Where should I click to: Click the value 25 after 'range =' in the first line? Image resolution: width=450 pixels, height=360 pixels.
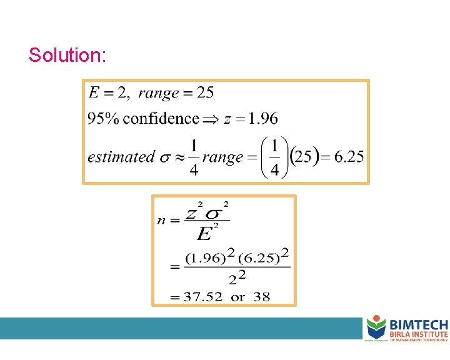click(x=205, y=93)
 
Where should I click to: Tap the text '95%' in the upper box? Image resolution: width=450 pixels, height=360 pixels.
click(x=103, y=118)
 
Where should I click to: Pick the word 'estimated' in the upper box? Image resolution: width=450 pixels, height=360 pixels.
click(x=121, y=157)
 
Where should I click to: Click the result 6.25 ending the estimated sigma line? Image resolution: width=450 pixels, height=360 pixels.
click(x=349, y=157)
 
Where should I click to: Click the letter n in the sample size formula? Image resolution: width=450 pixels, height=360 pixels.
click(x=162, y=220)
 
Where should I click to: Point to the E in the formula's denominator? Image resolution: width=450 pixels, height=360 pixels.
click(x=203, y=234)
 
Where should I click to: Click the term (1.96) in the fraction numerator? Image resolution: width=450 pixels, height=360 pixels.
click(x=201, y=257)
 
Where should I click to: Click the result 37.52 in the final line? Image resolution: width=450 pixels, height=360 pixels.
click(x=203, y=296)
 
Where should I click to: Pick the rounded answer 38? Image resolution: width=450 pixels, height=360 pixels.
click(x=262, y=296)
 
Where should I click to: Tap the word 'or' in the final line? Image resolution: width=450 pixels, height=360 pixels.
click(x=237, y=297)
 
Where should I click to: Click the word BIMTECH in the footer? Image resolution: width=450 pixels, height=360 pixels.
click(x=418, y=324)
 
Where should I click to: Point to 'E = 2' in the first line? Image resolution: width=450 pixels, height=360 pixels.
click(x=108, y=93)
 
